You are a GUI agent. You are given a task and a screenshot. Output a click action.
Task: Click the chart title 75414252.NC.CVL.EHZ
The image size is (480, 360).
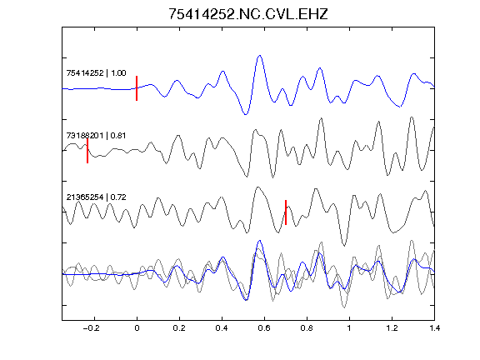[248, 14]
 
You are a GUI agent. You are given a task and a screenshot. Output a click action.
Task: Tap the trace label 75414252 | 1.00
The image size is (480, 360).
[96, 72]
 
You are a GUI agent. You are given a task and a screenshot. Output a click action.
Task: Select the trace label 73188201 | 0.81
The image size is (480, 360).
[96, 135]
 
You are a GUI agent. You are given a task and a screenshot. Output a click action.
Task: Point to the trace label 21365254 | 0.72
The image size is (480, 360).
[96, 197]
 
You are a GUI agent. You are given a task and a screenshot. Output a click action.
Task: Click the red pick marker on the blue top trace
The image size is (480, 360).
[137, 88]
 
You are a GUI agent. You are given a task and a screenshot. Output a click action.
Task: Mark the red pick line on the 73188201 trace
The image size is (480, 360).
[87, 151]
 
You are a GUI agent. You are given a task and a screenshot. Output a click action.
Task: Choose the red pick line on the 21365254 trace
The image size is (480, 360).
[286, 212]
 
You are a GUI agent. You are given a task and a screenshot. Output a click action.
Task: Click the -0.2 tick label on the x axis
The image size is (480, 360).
[92, 328]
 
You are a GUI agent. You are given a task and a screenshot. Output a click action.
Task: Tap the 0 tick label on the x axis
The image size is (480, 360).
[137, 328]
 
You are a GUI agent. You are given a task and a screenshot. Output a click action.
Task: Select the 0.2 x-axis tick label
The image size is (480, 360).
[179, 328]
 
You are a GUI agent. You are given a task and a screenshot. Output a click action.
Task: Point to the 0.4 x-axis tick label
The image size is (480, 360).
[222, 328]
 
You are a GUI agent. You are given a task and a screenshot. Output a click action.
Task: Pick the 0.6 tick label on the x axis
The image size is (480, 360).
[264, 328]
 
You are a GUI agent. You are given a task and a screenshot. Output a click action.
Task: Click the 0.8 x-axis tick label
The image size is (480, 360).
[307, 328]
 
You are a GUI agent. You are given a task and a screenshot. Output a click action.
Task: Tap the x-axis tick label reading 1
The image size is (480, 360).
[349, 328]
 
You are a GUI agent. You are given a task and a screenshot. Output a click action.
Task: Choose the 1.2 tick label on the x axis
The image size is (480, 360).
[392, 328]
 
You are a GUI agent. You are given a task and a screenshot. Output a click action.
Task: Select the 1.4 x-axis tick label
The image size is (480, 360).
[434, 328]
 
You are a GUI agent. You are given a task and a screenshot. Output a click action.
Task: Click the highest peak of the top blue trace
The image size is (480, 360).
[260, 55]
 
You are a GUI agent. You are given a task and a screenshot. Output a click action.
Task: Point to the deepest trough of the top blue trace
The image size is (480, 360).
[246, 114]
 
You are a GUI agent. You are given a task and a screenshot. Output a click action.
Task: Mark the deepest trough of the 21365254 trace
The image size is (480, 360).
[344, 246]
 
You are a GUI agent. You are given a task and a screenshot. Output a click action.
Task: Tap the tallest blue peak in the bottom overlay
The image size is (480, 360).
[260, 241]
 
